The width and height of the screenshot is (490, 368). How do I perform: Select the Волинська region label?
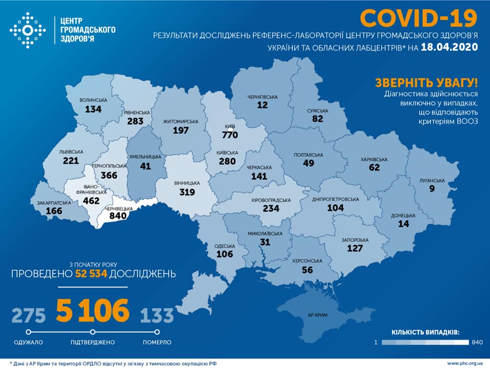(x=93, y=101)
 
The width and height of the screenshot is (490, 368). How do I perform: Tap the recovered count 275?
(x=28, y=314)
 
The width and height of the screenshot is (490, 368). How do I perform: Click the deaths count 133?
(x=157, y=315)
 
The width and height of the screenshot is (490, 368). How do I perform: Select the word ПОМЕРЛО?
(x=157, y=342)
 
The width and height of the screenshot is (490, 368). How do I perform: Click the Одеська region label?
(x=225, y=246)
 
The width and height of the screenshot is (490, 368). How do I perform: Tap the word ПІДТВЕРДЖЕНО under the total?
(x=92, y=342)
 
